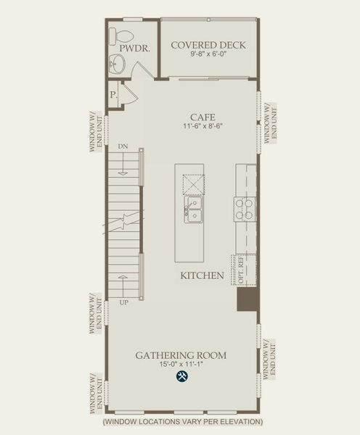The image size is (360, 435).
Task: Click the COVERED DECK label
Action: coord(208,46)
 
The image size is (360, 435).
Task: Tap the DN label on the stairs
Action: coord(123,146)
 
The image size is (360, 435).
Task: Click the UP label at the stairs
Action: coord(123,302)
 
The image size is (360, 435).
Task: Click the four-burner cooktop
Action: coord(244,209)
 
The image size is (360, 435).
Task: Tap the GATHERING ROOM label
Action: coord(181,355)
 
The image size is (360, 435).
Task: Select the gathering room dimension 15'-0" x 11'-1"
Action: coord(181,365)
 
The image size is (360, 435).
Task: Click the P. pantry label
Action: coord(114,95)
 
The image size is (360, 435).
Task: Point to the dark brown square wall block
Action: coord(247,300)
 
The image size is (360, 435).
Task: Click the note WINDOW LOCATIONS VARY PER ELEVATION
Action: coord(182,421)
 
